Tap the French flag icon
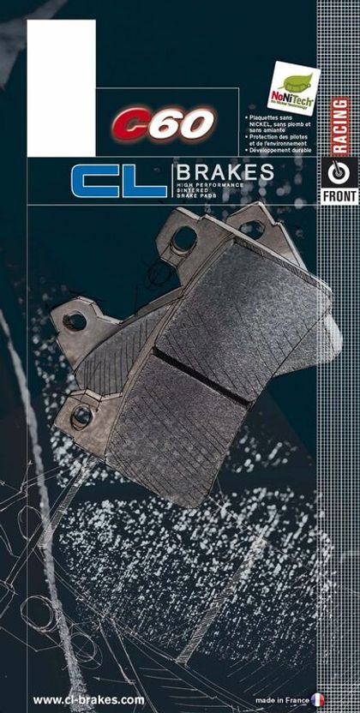[319, 699]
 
